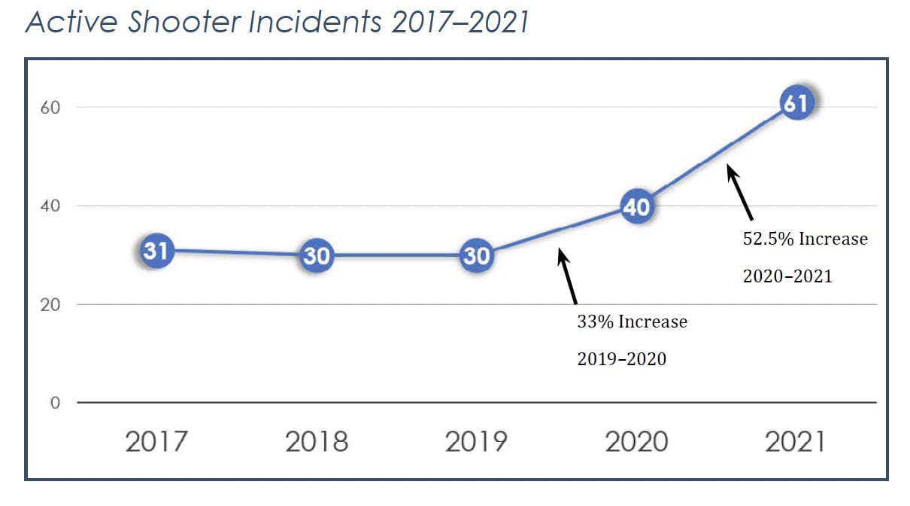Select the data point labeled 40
coord(636,206)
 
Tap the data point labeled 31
coord(156,251)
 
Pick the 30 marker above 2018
coord(317,256)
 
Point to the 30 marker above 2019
coord(476,256)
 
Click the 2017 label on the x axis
coord(156,442)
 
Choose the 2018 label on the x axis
coord(317,442)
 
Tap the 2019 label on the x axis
coord(476,442)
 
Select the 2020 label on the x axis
coord(636,442)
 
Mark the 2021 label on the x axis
coord(796,442)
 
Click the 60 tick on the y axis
coord(50,108)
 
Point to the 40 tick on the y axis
coord(50,206)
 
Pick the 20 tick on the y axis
coord(50,305)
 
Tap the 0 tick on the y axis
coord(55,403)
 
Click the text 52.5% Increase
coord(805,239)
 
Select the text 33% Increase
coord(632,322)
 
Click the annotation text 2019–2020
coord(621,359)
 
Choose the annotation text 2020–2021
coord(787,276)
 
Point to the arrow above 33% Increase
coord(567,276)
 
